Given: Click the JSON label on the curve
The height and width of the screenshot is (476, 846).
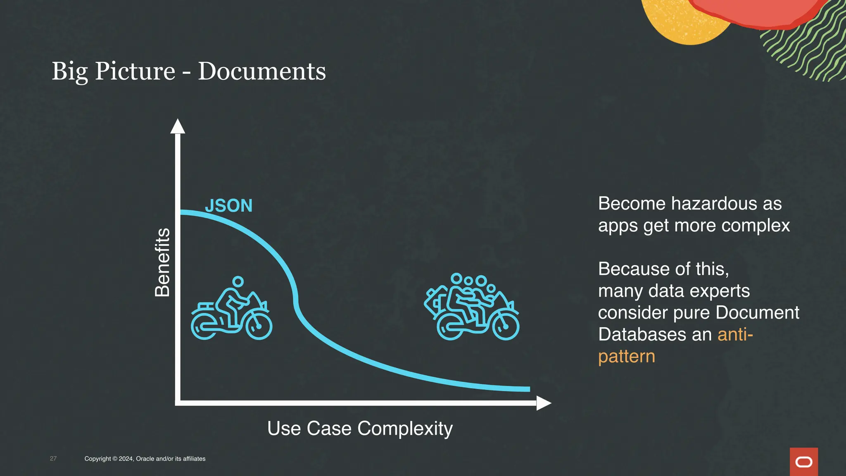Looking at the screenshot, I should (228, 206).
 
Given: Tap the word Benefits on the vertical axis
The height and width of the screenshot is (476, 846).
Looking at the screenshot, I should (162, 262).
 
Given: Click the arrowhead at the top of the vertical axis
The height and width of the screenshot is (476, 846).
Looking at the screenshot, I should (178, 126).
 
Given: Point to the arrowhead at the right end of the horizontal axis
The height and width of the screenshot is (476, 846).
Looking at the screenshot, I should (543, 403).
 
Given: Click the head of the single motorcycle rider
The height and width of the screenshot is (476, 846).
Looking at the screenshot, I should (238, 282).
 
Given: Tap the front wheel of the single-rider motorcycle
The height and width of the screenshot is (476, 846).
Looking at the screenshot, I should (259, 326).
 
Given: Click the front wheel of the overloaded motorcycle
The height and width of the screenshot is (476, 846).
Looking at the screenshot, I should (506, 327).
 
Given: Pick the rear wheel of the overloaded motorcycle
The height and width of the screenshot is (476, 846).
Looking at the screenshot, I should (450, 327).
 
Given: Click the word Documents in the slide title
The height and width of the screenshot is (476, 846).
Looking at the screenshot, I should (262, 71).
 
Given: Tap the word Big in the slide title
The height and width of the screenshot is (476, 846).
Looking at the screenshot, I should (69, 71).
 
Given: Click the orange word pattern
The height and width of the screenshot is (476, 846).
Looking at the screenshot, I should (626, 357).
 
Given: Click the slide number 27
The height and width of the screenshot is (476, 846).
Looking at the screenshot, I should (53, 459).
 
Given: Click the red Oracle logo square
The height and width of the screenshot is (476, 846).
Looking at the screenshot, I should (803, 462).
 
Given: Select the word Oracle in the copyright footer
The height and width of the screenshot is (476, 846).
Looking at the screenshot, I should (145, 459).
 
